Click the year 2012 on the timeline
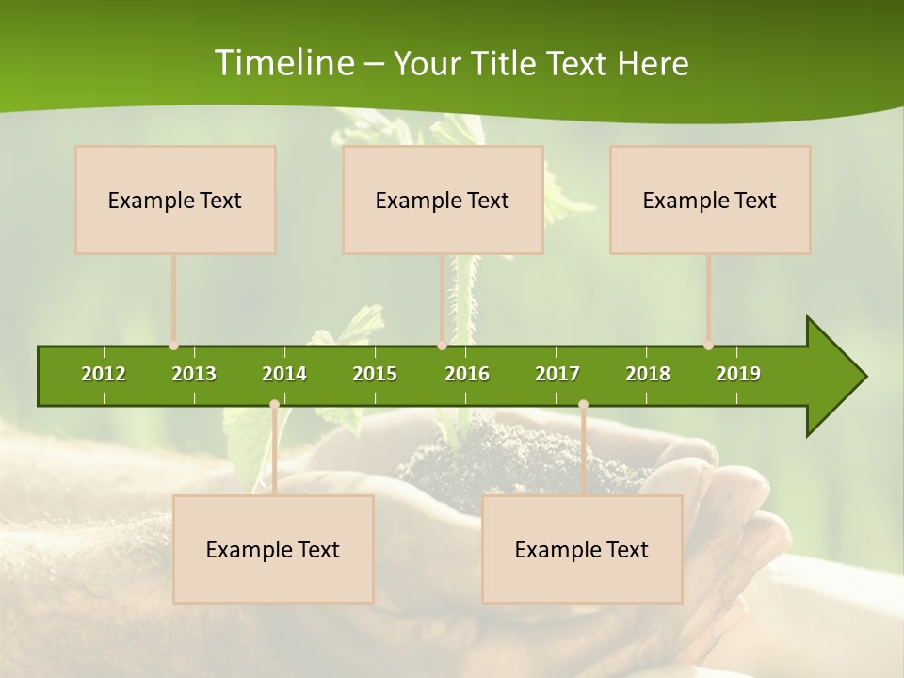[x=104, y=374]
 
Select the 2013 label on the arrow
[x=194, y=374]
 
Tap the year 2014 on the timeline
[x=284, y=374]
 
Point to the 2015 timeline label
[x=375, y=374]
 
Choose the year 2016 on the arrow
[x=467, y=374]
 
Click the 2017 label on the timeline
[x=557, y=374]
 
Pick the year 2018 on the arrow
[x=648, y=374]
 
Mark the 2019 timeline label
[x=738, y=374]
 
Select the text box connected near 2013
[x=175, y=200]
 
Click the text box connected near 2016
[x=443, y=200]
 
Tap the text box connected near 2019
[x=710, y=200]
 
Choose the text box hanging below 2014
[x=273, y=549]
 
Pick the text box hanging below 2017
[x=582, y=549]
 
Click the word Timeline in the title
[x=283, y=63]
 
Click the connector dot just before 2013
[x=174, y=346]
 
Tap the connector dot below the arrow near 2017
[x=583, y=405]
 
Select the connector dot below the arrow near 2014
[x=274, y=405]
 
